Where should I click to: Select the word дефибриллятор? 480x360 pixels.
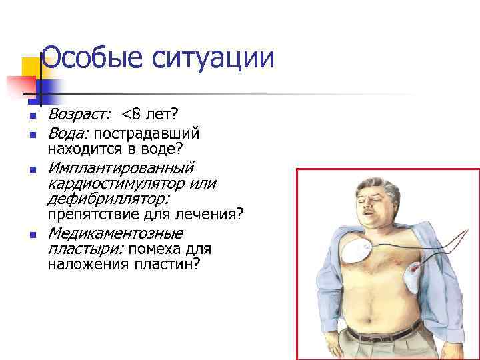(107, 199)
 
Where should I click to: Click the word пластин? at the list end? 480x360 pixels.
(169, 265)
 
